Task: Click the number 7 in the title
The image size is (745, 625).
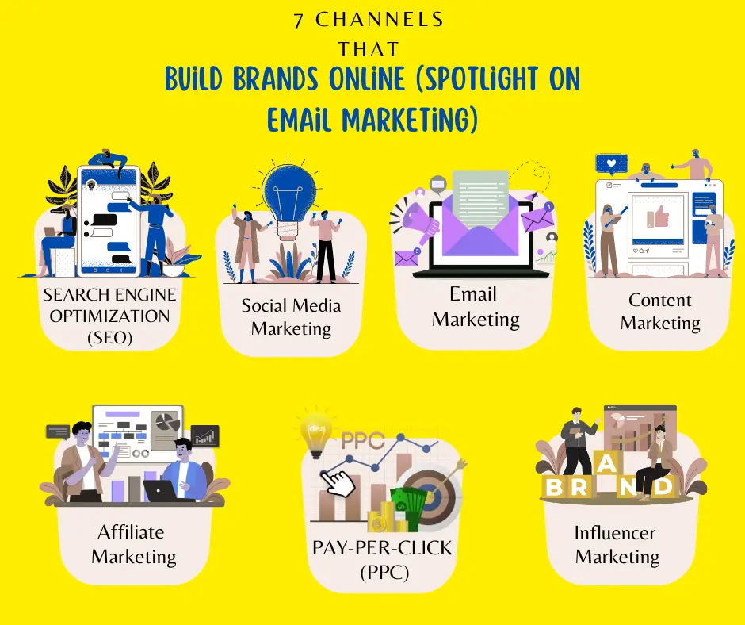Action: tap(299, 21)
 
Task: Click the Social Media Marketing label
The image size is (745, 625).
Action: tap(291, 316)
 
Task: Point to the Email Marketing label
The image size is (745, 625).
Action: tap(475, 307)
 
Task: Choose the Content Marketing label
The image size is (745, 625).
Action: tap(660, 312)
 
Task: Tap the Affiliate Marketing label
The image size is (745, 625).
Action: tap(132, 544)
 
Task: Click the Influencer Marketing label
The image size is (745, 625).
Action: tap(617, 545)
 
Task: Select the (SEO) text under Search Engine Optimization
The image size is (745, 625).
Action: tap(109, 339)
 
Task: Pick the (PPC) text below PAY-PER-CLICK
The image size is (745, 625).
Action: tap(382, 571)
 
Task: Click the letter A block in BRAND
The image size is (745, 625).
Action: tap(606, 462)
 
